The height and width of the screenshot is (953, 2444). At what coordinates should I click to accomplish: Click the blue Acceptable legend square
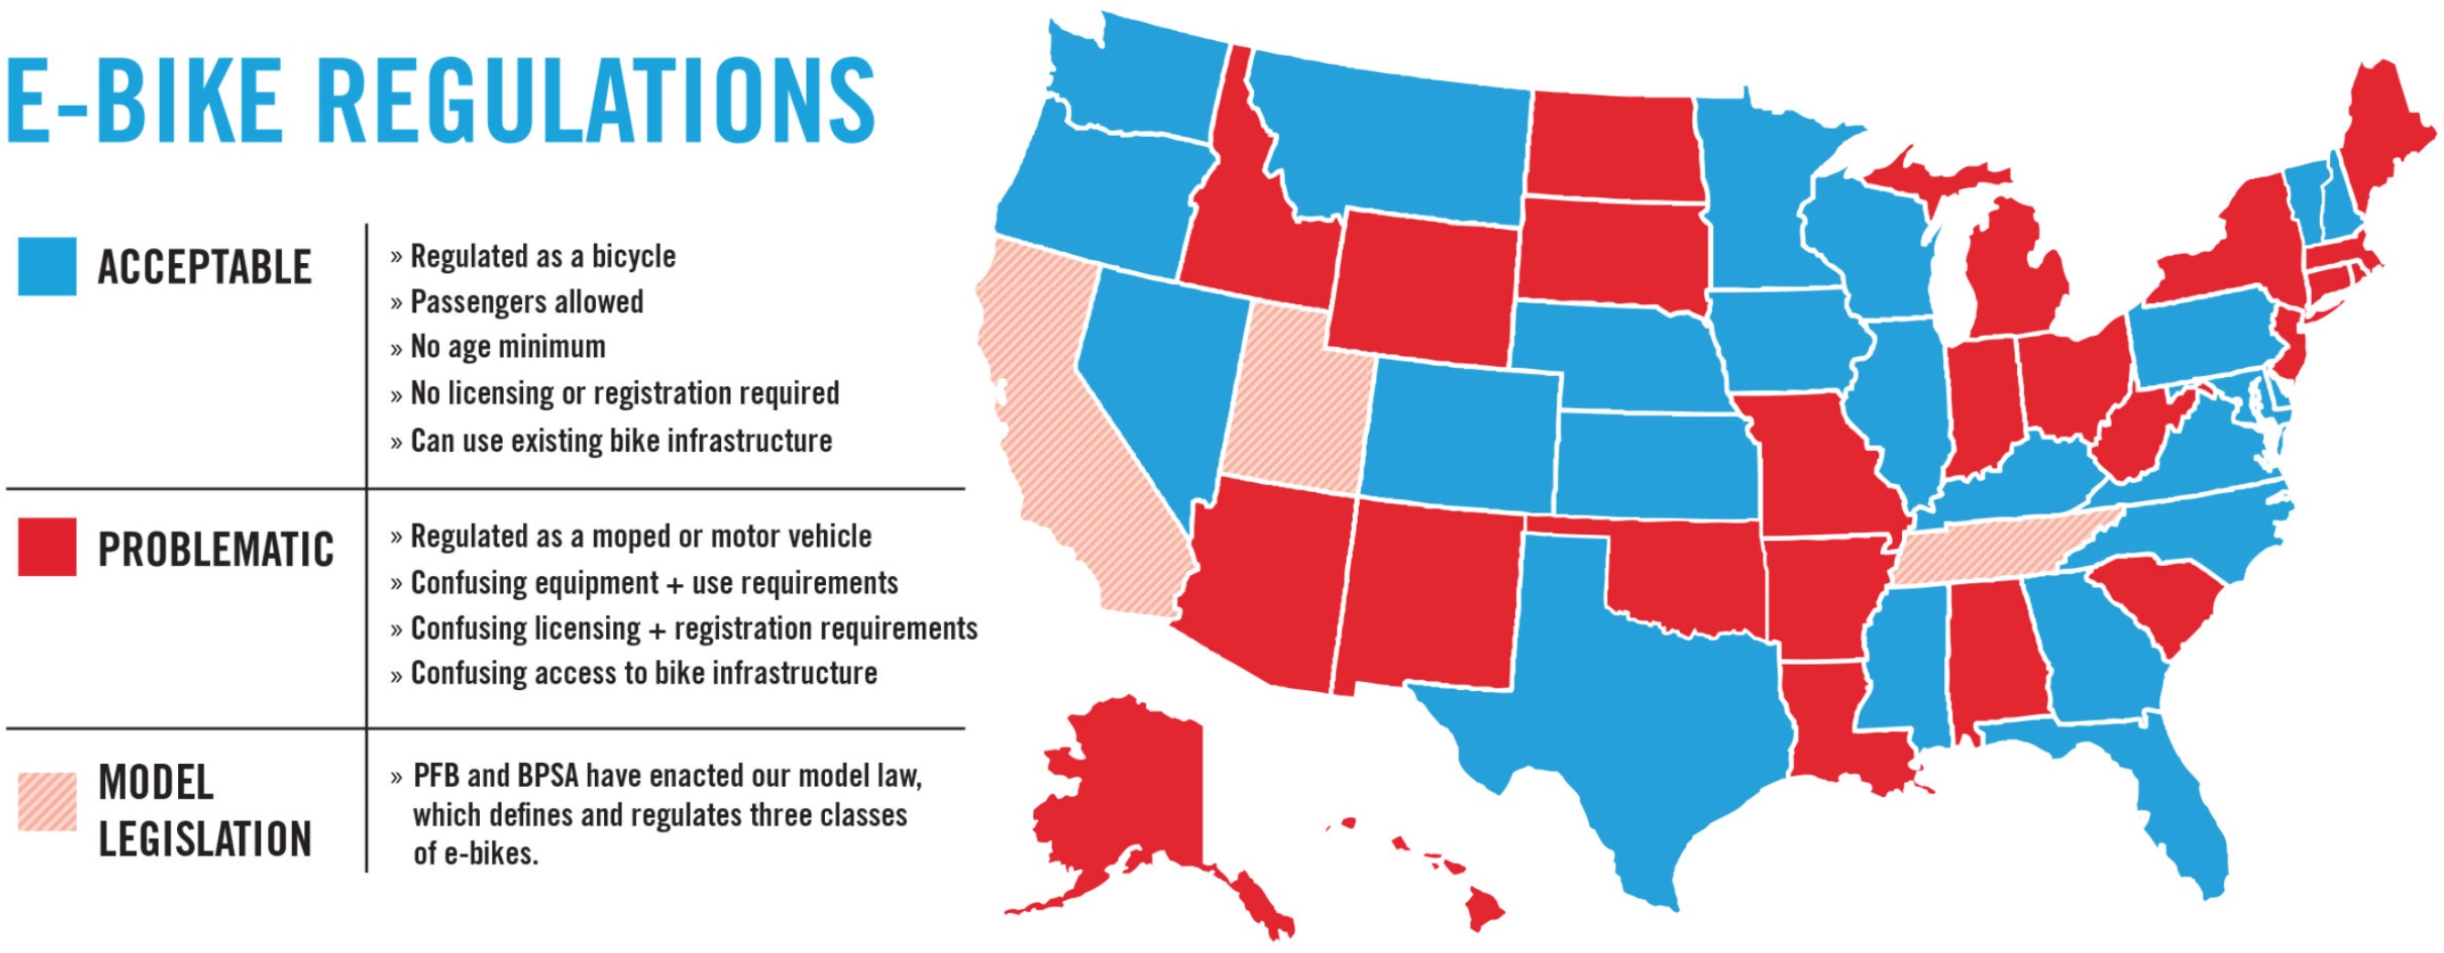pos(47,267)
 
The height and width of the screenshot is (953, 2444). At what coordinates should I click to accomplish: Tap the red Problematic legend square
pos(47,547)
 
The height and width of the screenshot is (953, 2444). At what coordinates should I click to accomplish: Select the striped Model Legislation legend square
pos(47,802)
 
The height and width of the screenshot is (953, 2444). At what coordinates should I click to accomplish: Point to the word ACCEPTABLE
pos(204,267)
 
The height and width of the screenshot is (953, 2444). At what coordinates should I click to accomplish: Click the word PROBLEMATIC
pos(215,550)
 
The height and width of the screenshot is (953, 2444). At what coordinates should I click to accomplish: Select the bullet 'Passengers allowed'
pos(527,302)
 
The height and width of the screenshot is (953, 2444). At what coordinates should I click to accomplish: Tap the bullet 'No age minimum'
pos(507,347)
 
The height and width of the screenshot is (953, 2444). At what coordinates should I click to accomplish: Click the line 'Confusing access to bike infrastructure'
pos(643,673)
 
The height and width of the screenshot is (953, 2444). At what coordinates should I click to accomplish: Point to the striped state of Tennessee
pos(1992,550)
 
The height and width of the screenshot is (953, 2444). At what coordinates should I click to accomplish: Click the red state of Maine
pos(2381,133)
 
